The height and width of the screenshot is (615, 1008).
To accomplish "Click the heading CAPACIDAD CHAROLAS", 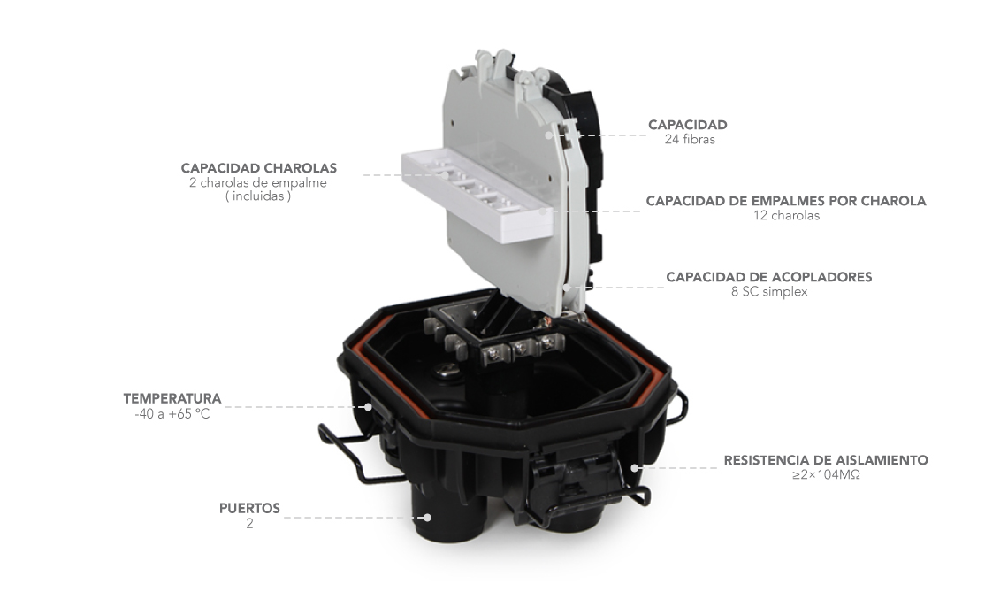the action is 258,168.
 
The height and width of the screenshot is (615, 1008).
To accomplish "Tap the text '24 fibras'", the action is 690,140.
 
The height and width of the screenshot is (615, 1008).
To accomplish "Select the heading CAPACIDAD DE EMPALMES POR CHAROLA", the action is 785,201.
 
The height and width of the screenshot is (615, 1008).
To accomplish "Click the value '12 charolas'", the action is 787,216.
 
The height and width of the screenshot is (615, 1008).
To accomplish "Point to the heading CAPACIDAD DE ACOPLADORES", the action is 769,277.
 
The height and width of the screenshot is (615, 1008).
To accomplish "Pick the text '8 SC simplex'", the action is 769,291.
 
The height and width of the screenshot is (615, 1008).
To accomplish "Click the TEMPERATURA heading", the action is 172,398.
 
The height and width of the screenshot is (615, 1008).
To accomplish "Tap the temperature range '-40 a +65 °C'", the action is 172,413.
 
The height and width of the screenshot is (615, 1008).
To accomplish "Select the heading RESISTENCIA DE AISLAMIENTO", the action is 826,460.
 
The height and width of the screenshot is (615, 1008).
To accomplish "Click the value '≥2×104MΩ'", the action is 826,475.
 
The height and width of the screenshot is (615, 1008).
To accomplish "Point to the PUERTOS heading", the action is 249,508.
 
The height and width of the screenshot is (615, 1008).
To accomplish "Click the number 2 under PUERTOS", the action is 249,524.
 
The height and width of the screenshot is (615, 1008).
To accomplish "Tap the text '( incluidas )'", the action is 258,196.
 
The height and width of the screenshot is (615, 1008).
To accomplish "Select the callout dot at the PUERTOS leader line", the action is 425,517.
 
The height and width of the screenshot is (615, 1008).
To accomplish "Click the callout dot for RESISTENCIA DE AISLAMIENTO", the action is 635,468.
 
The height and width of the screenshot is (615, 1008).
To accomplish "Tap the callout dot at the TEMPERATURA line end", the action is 368,406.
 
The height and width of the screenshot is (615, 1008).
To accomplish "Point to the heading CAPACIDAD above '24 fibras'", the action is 687,125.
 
